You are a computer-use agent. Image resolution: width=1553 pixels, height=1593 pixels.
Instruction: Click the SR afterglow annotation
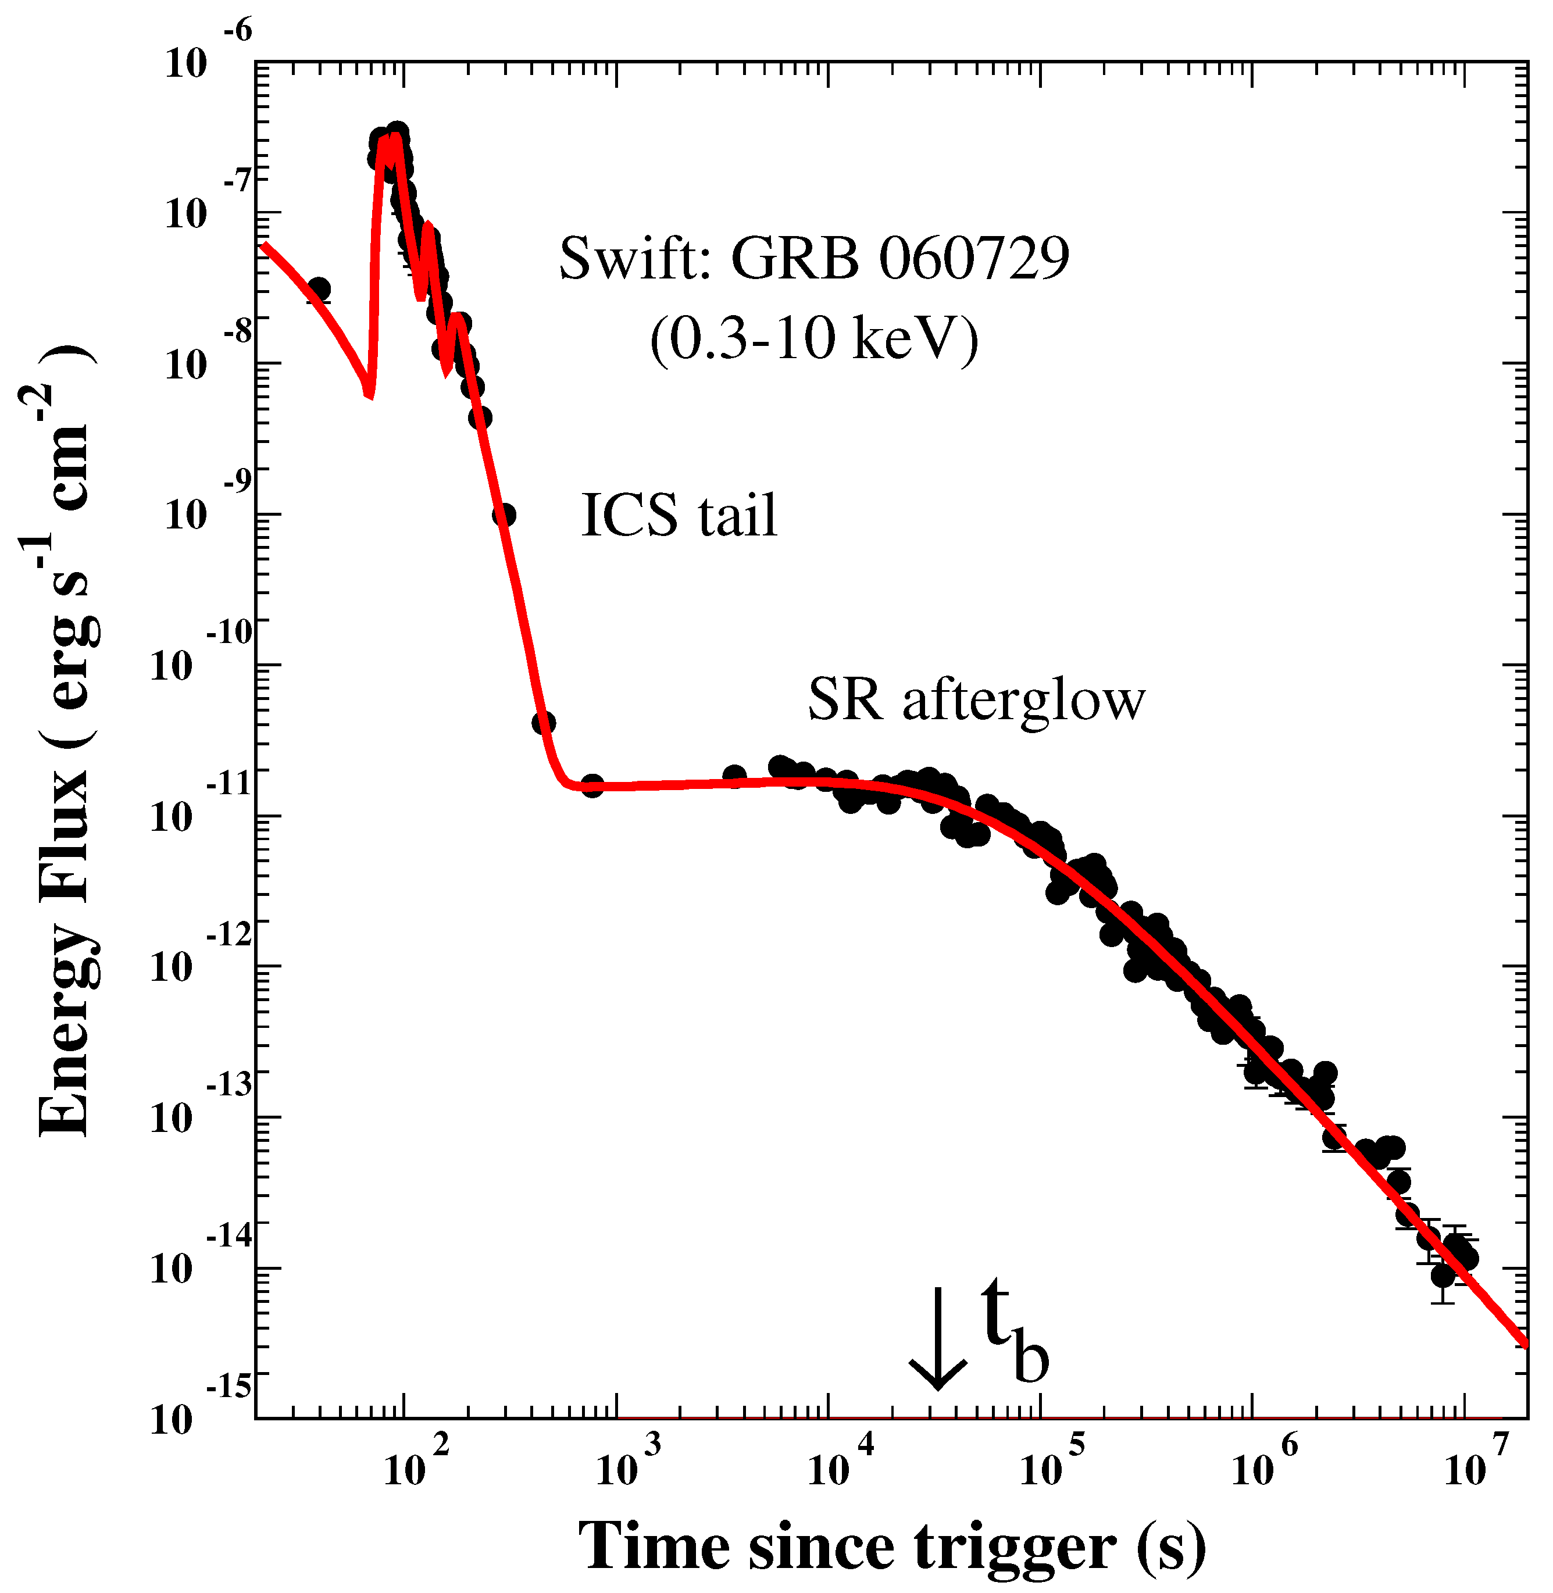pyautogui.click(x=976, y=700)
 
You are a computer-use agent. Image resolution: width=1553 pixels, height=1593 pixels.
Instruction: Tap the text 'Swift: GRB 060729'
pyautogui.click(x=813, y=259)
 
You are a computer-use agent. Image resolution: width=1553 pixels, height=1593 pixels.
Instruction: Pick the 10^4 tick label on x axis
pyautogui.click(x=840, y=1463)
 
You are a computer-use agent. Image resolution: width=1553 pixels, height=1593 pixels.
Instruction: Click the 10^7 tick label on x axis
pyautogui.click(x=1476, y=1463)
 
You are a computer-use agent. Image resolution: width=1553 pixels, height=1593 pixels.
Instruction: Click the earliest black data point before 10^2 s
pyautogui.click(x=319, y=289)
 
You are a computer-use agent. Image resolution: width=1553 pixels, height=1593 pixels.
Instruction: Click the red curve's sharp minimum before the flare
pyautogui.click(x=369, y=395)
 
